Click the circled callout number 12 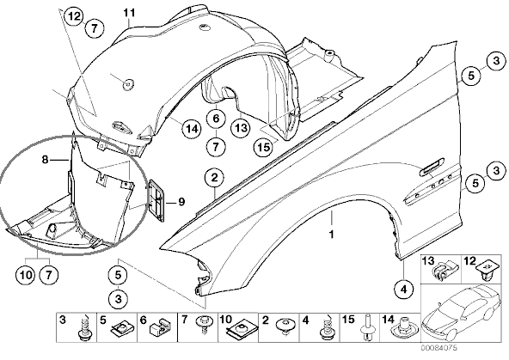pyautogui.click(x=74, y=15)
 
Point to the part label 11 pyautogui.click(x=129, y=13)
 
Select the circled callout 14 pyautogui.click(x=192, y=129)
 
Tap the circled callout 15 pyautogui.click(x=264, y=147)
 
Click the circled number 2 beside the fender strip pyautogui.click(x=215, y=178)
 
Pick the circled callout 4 pyautogui.click(x=403, y=289)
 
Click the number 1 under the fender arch pyautogui.click(x=331, y=235)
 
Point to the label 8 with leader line pyautogui.click(x=45, y=160)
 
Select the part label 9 pyautogui.click(x=181, y=202)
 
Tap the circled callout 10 pyautogui.click(x=25, y=275)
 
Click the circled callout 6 pyautogui.click(x=216, y=119)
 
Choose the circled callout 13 pyautogui.click(x=241, y=127)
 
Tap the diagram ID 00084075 pyautogui.click(x=439, y=348)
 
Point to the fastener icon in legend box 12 pyautogui.click(x=485, y=272)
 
